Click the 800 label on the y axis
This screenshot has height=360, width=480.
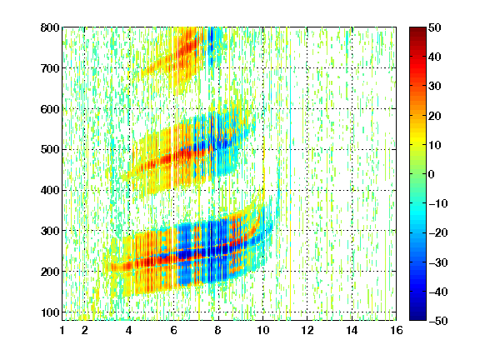pyautogui.click(x=50, y=27)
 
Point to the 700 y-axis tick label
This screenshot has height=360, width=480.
pyautogui.click(x=50, y=68)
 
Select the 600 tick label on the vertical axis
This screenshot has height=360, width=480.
pyautogui.click(x=50, y=109)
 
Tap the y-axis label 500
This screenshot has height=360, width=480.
pyautogui.click(x=50, y=150)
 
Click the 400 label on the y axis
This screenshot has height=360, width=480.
pyautogui.click(x=50, y=190)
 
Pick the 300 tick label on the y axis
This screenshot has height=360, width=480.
pyautogui.click(x=50, y=231)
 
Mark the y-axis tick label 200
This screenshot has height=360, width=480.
pyautogui.click(x=50, y=272)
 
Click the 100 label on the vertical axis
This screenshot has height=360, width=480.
pyautogui.click(x=50, y=312)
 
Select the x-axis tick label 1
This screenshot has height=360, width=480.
pyautogui.click(x=62, y=330)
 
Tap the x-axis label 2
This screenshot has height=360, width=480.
pyautogui.click(x=85, y=330)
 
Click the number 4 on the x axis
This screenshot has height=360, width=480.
pyautogui.click(x=129, y=330)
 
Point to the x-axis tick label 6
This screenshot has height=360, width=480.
pyautogui.click(x=173, y=330)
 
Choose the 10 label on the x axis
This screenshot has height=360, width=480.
pyautogui.click(x=263, y=330)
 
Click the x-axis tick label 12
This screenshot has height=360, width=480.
pyautogui.click(x=307, y=330)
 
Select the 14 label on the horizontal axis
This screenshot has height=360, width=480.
pyautogui.click(x=352, y=330)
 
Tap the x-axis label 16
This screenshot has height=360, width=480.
pyautogui.click(x=397, y=330)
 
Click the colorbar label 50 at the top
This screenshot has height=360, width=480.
pyautogui.click(x=435, y=27)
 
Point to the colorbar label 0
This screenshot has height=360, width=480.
pyautogui.click(x=432, y=174)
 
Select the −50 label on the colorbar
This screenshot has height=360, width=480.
pyautogui.click(x=438, y=321)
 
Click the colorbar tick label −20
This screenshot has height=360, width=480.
pyautogui.click(x=438, y=233)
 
